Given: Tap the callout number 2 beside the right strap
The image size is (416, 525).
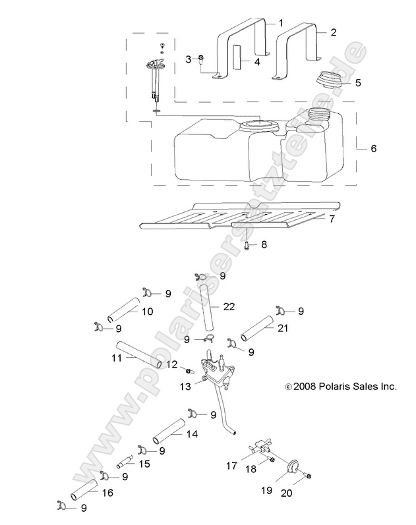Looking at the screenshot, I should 333,32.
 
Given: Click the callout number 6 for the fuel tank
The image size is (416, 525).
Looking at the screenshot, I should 373,149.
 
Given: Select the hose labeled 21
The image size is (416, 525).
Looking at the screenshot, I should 256,328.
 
